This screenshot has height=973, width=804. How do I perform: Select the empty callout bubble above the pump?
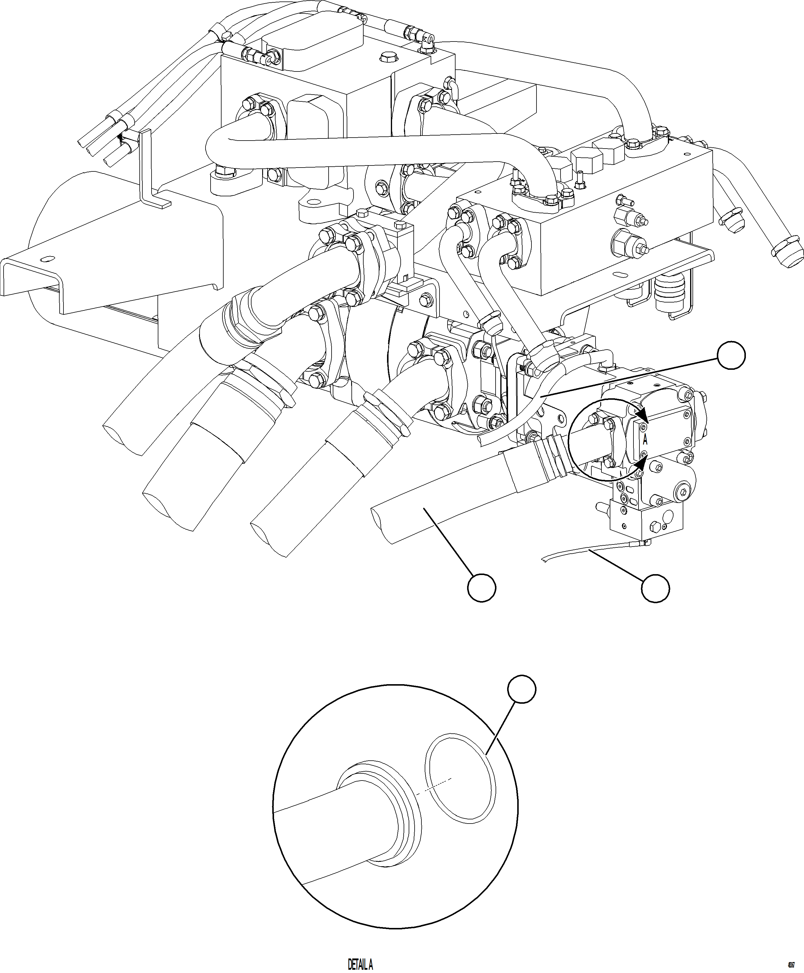pyautogui.click(x=731, y=356)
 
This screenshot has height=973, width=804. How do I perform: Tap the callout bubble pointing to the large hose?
pyautogui.click(x=482, y=588)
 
